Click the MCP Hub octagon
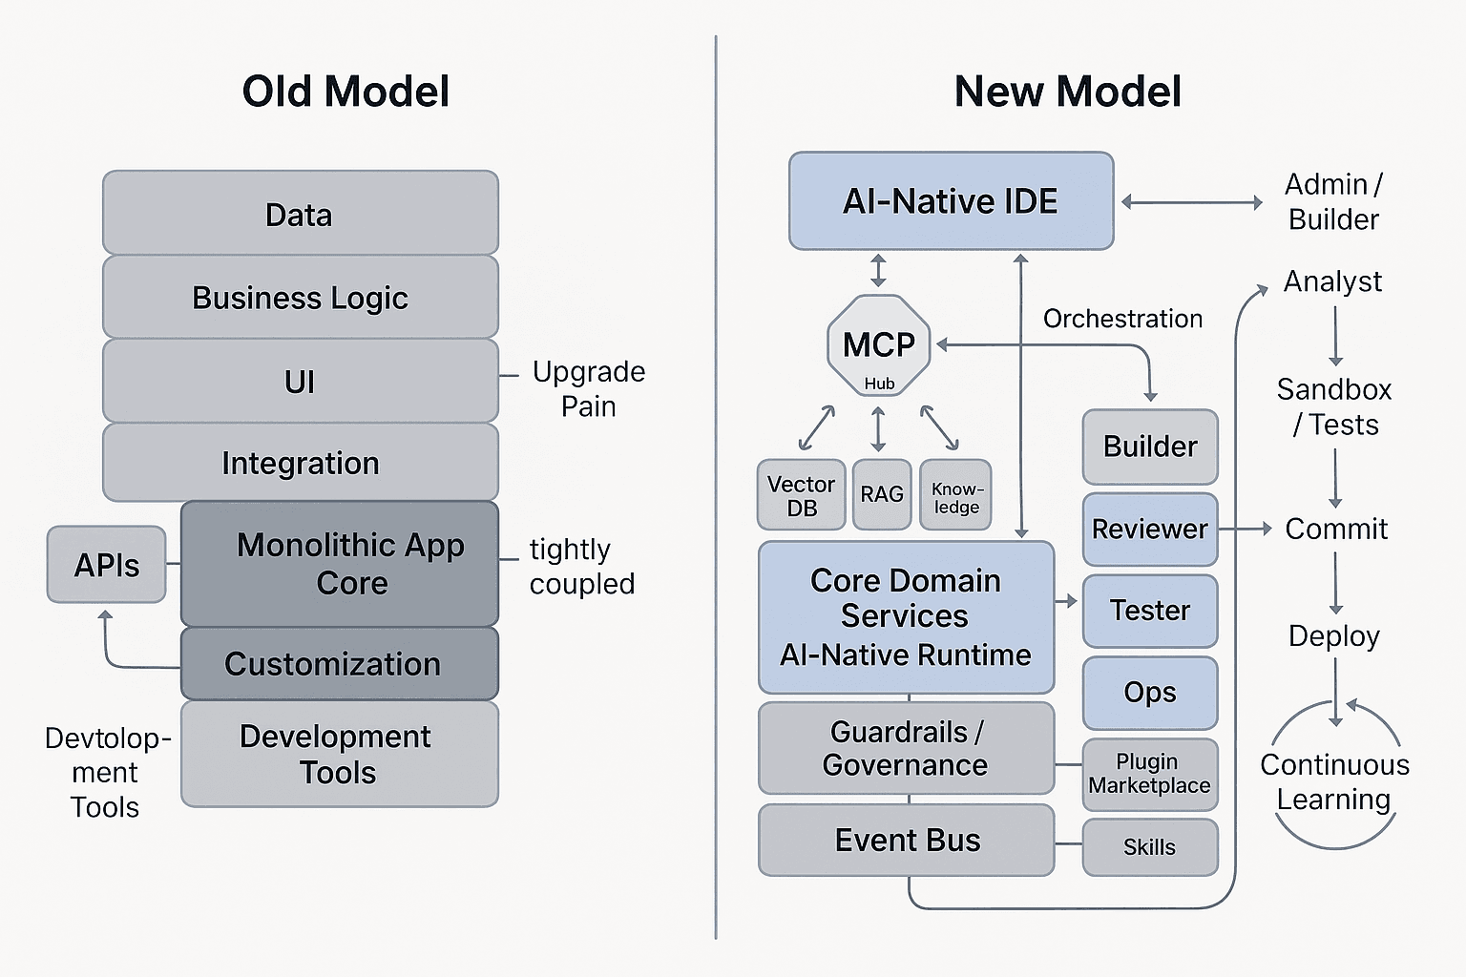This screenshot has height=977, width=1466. pyautogui.click(x=878, y=345)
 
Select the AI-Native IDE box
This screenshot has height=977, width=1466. pyautogui.click(x=951, y=201)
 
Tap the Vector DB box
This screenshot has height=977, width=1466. pyautogui.click(x=801, y=495)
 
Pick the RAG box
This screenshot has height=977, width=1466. pyautogui.click(x=881, y=495)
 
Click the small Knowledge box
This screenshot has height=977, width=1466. pyautogui.click(x=955, y=495)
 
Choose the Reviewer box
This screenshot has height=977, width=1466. pyautogui.click(x=1149, y=530)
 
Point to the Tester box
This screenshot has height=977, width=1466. pyautogui.click(x=1149, y=611)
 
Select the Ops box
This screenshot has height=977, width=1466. pyautogui.click(x=1149, y=693)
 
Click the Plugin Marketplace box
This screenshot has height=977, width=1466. pyautogui.click(x=1149, y=774)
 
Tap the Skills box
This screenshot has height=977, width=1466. pyautogui.click(x=1149, y=847)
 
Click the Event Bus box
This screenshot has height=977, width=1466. pyautogui.click(x=906, y=841)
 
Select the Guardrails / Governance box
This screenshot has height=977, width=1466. pyautogui.click(x=906, y=749)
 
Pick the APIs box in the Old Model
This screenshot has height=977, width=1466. pyautogui.click(x=106, y=565)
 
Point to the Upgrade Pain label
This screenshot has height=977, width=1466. pyautogui.click(x=588, y=388)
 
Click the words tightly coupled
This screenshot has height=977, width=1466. pyautogui.click(x=581, y=567)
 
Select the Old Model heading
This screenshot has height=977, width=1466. pyautogui.click(x=346, y=92)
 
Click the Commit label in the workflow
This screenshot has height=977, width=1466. pyautogui.click(x=1335, y=529)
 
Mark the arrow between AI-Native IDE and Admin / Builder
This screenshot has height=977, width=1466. pyautogui.click(x=1191, y=202)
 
